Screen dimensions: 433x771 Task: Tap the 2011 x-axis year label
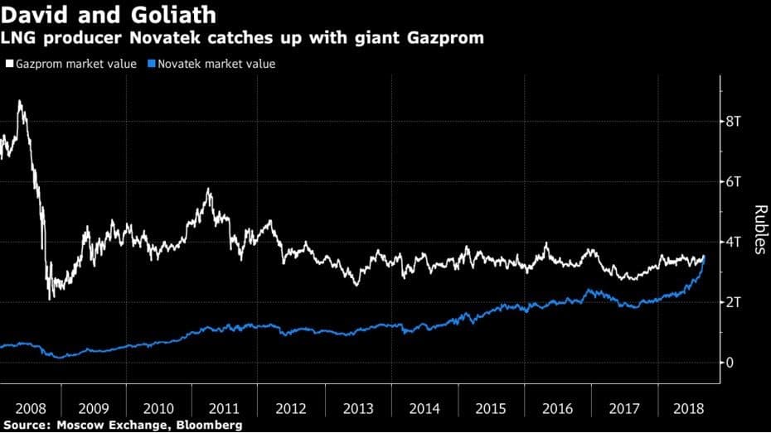coord(225,408)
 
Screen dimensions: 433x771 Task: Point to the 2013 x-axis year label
coord(358,408)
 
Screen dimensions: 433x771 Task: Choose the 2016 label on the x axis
coord(558,408)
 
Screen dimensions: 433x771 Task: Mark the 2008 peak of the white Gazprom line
coord(20,101)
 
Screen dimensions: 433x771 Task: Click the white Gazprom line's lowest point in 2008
coord(51,299)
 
